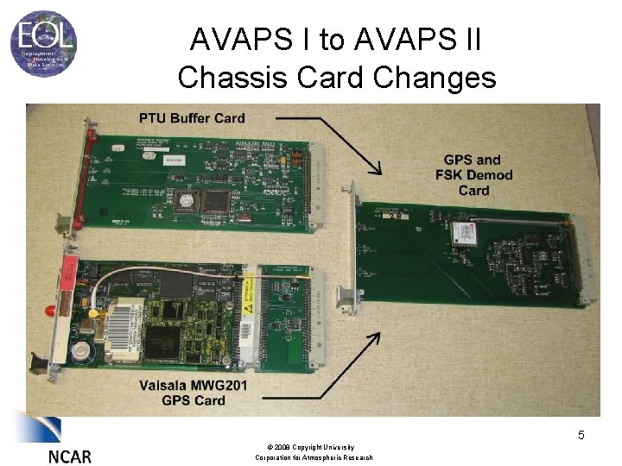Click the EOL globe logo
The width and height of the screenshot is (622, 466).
point(43,41)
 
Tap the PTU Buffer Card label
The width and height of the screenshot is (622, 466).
point(192,118)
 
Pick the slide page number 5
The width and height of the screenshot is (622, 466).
point(581,435)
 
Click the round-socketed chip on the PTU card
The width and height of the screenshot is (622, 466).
point(183,200)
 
